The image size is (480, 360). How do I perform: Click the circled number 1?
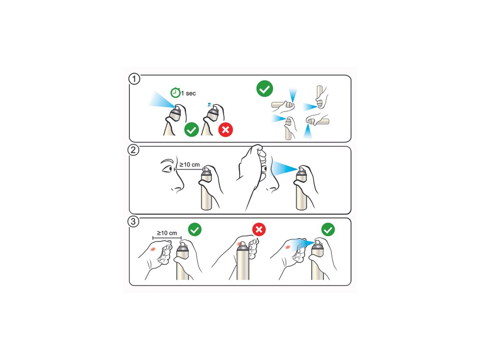[134, 79]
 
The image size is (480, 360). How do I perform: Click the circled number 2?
[134, 150]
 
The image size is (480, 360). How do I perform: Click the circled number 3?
[133, 221]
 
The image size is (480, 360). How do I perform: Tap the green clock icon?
[175, 92]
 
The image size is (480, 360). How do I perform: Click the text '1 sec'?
[188, 93]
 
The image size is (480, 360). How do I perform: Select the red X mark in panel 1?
[225, 130]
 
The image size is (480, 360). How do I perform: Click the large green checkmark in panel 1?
[264, 89]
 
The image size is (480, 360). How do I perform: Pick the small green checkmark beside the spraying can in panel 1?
[192, 130]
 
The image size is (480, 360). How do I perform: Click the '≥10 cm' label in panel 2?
[189, 165]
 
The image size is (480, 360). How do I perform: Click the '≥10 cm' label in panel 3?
[167, 233]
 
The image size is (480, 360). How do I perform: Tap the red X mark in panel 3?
[259, 229]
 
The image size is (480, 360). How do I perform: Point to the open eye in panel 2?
[167, 169]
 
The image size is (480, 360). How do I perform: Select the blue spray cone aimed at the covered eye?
[284, 168]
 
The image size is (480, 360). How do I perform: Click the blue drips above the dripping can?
[209, 104]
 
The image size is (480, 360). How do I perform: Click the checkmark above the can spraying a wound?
[328, 230]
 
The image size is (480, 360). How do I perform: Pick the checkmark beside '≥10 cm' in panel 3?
[195, 229]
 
